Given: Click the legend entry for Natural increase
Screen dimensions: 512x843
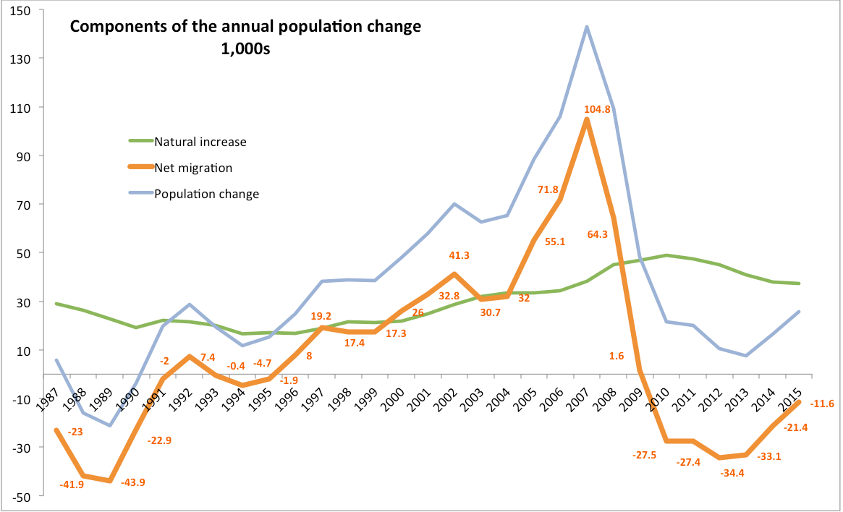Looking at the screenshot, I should click(200, 142).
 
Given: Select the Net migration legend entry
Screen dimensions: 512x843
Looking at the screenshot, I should click(193, 168).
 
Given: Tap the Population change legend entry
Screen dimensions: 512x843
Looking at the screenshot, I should click(206, 194).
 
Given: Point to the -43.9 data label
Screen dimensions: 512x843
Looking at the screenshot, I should click(132, 482).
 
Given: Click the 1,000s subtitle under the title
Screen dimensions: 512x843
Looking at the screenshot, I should click(245, 51).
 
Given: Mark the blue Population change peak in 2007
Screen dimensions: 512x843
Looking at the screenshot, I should click(586, 27).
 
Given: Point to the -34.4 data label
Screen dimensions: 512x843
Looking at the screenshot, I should click(735, 472).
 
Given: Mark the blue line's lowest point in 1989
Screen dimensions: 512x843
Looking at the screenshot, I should click(109, 425).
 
